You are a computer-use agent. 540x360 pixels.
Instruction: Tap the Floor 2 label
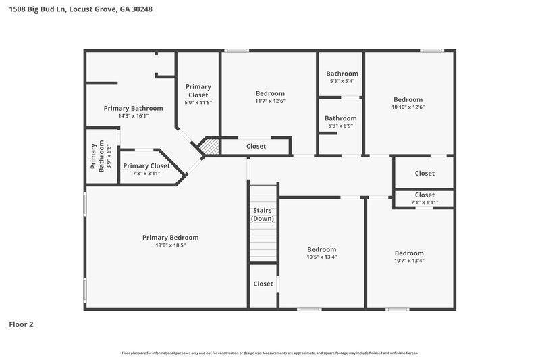tap(21, 324)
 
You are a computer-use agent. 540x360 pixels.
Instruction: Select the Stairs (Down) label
tap(262, 215)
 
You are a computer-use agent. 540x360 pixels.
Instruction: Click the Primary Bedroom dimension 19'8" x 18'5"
tap(170, 245)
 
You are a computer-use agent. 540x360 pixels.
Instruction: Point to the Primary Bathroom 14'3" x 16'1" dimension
tap(133, 116)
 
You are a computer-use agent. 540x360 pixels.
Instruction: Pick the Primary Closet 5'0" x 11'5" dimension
tap(198, 103)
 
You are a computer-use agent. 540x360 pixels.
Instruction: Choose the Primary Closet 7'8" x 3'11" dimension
tap(146, 174)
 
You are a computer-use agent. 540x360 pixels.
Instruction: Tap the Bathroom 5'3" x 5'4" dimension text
tap(342, 81)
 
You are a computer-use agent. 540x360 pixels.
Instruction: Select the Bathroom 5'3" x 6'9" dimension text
tap(340, 126)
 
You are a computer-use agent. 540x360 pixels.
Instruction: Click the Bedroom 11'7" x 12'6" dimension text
tap(270, 101)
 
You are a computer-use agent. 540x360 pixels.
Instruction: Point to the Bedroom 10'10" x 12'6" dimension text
tap(408, 107)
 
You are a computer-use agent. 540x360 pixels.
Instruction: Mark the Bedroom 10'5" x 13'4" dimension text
tap(321, 257)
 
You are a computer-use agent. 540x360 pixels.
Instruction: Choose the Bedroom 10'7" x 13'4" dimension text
tap(409, 261)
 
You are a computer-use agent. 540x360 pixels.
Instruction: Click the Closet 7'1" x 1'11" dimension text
tap(425, 202)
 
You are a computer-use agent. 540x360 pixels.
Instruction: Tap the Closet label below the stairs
tap(263, 284)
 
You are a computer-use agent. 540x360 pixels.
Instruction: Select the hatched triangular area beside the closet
tap(212, 146)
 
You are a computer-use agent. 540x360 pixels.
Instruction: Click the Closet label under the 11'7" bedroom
tap(256, 147)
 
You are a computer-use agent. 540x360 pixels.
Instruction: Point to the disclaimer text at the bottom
tap(269, 353)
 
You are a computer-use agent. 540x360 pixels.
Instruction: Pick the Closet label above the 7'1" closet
tap(425, 174)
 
